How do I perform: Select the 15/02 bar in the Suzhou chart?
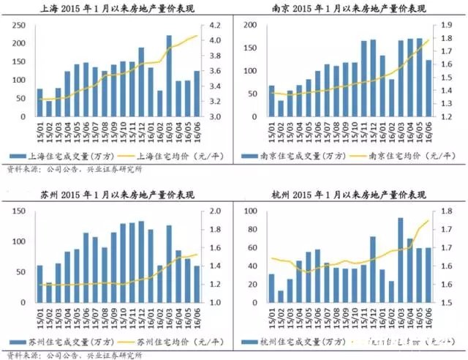click(49, 292)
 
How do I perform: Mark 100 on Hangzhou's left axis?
click(248, 211)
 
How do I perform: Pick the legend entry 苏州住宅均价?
click(169, 342)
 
